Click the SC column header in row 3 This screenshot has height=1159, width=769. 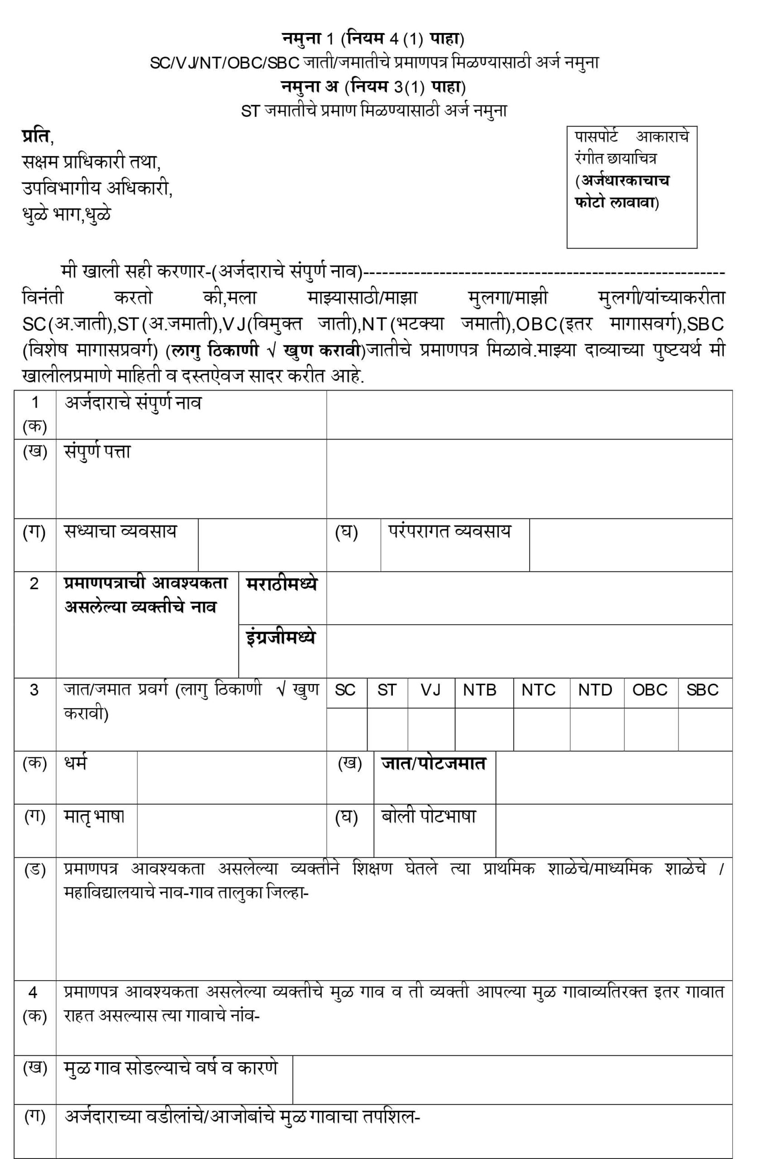(346, 690)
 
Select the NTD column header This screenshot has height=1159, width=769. (595, 690)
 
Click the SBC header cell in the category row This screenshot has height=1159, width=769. (702, 690)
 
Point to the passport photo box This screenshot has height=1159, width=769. (632, 187)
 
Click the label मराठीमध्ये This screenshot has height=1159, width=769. (282, 584)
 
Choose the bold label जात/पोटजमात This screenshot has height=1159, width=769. (434, 764)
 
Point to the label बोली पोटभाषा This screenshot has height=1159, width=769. (429, 816)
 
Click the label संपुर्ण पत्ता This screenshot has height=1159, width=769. (98, 452)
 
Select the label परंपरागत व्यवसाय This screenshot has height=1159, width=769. (450, 531)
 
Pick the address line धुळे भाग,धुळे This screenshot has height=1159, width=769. (67, 214)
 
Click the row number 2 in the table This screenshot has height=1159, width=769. (34, 584)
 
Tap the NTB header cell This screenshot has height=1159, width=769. (480, 690)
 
